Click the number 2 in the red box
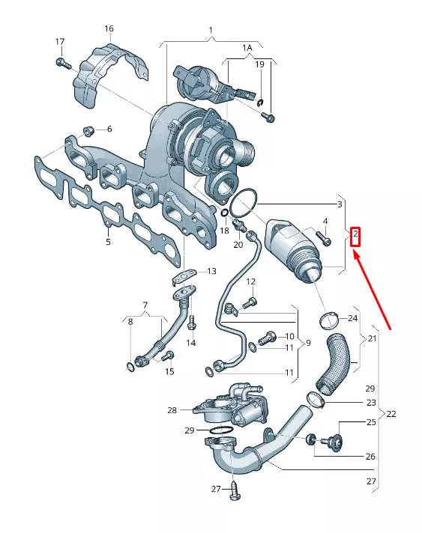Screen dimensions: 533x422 click(356, 238)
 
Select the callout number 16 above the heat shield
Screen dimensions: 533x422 click(109, 29)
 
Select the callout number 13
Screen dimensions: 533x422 click(211, 271)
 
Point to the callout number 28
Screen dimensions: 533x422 click(172, 409)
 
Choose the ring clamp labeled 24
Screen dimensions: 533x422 click(328, 322)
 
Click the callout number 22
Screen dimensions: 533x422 click(391, 414)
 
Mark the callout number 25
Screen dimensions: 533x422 click(370, 423)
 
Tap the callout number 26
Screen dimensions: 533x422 click(370, 456)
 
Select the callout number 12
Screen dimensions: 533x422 click(251, 281)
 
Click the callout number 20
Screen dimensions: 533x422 click(238, 244)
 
